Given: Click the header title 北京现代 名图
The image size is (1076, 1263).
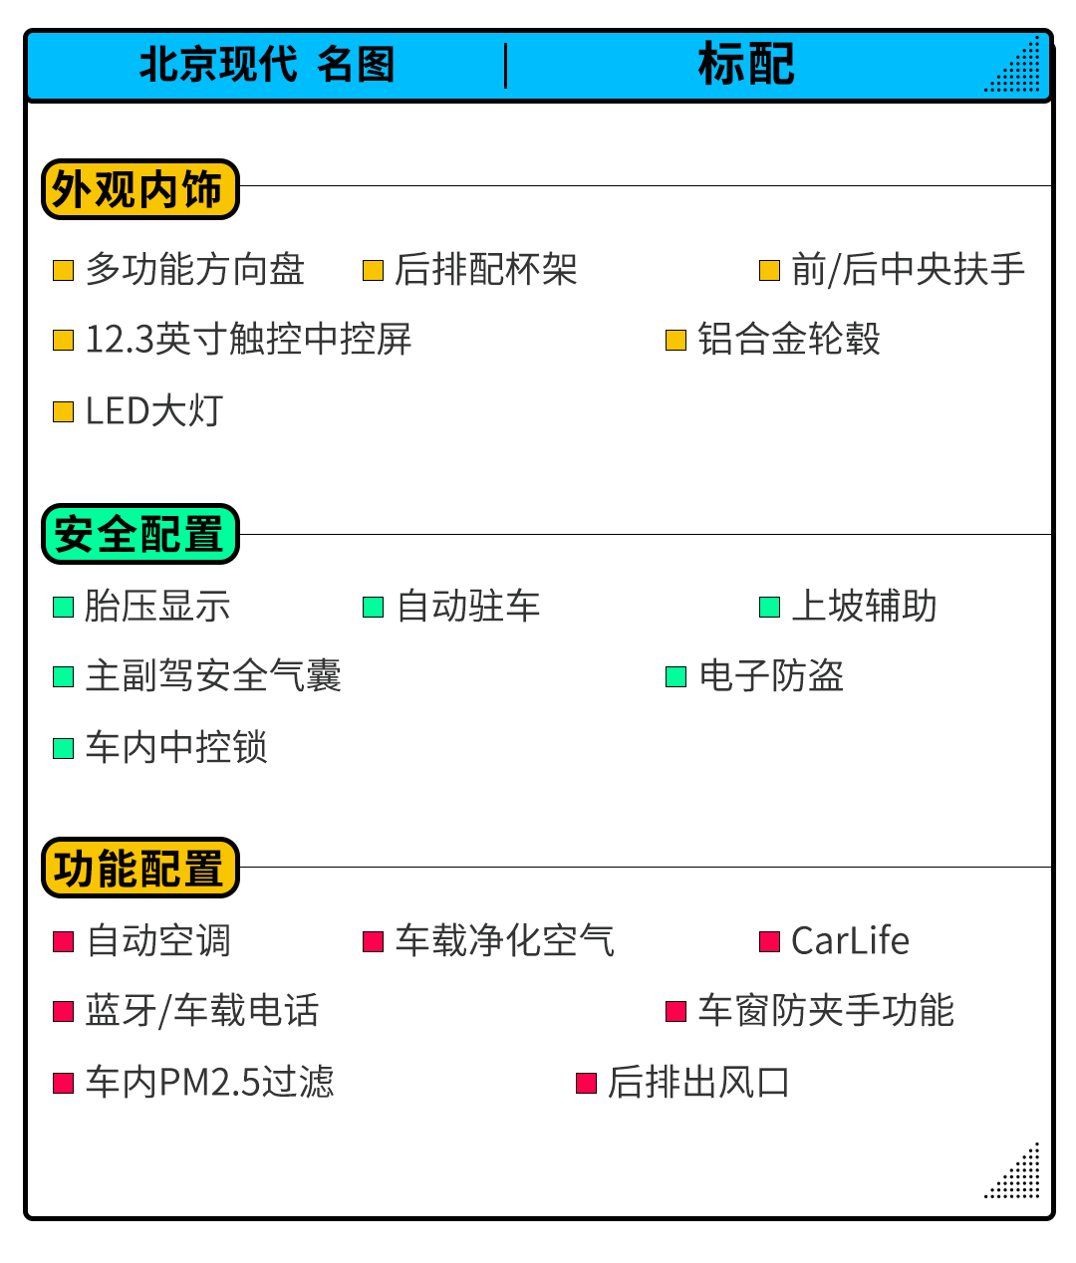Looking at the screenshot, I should point(267,65).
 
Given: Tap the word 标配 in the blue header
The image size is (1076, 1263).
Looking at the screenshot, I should point(746,65).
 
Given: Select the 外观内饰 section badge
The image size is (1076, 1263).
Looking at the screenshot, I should point(139,189).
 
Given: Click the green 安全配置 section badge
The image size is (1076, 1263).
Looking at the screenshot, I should point(139,535).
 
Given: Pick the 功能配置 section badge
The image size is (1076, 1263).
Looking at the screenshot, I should point(139,868).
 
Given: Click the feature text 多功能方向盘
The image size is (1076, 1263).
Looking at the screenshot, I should point(195,270).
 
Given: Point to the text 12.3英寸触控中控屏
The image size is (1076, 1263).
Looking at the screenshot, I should point(248,340).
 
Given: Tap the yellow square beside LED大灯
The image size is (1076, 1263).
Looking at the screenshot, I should point(64,411).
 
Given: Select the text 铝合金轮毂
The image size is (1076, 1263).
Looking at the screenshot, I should point(789,340).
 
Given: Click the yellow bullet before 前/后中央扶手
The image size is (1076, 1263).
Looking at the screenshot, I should point(769,271).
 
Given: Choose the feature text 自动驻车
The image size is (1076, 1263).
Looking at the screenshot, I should point(468,607).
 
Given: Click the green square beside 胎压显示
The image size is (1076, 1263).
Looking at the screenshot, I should point(64,607).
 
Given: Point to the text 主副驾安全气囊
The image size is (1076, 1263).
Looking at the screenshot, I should point(213,676).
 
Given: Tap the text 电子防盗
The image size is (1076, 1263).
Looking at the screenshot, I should point(771,676).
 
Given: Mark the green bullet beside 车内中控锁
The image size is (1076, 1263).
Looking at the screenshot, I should point(64,748).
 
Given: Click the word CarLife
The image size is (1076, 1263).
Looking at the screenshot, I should point(850,941).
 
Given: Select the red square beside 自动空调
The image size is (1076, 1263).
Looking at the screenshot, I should point(64,941).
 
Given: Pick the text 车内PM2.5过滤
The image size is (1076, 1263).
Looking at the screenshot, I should point(209,1083).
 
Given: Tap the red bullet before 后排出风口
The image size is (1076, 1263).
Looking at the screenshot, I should point(587,1083).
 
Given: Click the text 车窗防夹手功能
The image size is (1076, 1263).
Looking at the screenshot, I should point(826,1011).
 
